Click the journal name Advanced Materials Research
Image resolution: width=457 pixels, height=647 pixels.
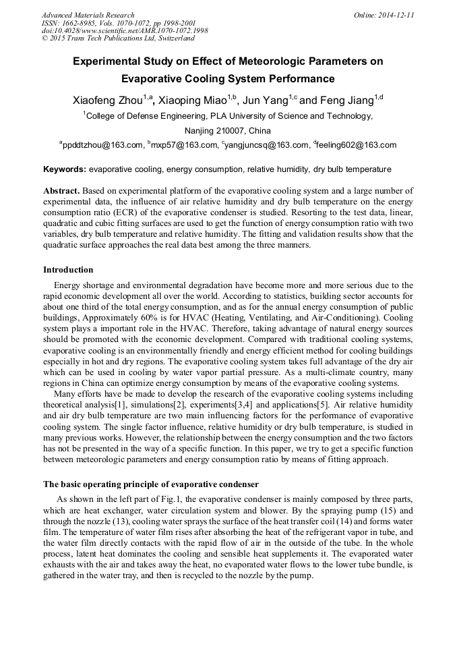(88, 15)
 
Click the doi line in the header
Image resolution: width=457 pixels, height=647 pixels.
(125, 31)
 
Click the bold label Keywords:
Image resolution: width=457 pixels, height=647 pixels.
(65, 169)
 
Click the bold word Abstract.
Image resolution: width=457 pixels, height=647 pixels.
(62, 191)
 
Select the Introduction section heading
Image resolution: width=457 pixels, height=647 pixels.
(68, 270)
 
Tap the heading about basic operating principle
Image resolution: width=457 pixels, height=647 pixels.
(151, 484)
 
